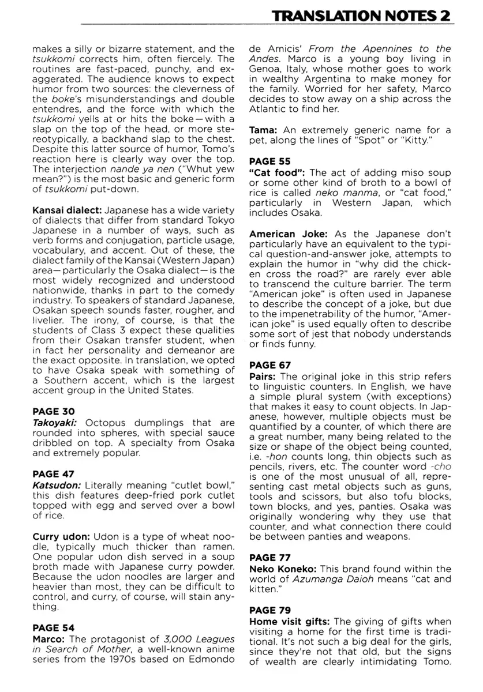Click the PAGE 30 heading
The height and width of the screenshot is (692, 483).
[53, 411]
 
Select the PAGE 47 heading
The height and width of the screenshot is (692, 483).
[53, 474]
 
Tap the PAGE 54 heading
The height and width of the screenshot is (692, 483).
[54, 627]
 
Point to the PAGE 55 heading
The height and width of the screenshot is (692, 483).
[269, 161]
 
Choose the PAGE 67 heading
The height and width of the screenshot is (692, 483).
[270, 365]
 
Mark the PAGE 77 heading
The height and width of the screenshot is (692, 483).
[270, 558]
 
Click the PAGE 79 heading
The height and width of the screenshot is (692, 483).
[270, 610]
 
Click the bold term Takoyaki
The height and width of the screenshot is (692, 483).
[55, 422]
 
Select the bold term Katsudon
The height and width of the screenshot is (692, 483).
[57, 485]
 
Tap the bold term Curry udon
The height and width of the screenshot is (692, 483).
[61, 536]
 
